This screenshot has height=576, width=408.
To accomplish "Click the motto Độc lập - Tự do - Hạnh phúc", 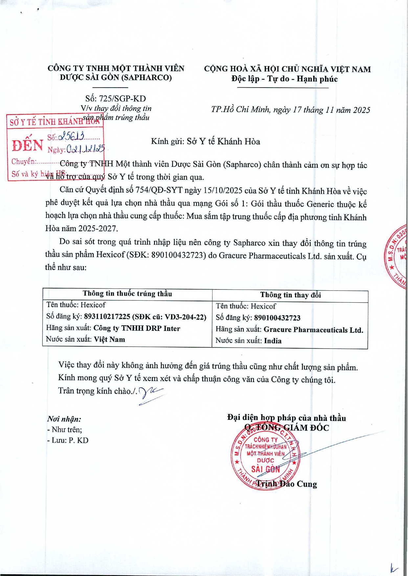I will [x=284, y=79].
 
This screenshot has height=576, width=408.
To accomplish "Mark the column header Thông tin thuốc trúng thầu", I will [x=127, y=293].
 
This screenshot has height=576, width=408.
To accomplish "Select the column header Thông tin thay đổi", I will [x=290, y=295].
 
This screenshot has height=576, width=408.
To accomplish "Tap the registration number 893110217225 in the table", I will [x=107, y=317].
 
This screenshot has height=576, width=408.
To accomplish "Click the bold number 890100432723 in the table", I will [x=277, y=318].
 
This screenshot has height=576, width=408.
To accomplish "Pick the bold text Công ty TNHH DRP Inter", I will [x=137, y=328].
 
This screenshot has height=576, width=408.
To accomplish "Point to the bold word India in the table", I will [x=273, y=341].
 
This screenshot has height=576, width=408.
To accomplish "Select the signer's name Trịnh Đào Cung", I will [x=286, y=484].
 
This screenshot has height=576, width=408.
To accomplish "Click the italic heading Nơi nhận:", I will [x=64, y=419].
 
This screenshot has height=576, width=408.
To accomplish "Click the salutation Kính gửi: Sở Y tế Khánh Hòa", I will [x=205, y=141].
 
